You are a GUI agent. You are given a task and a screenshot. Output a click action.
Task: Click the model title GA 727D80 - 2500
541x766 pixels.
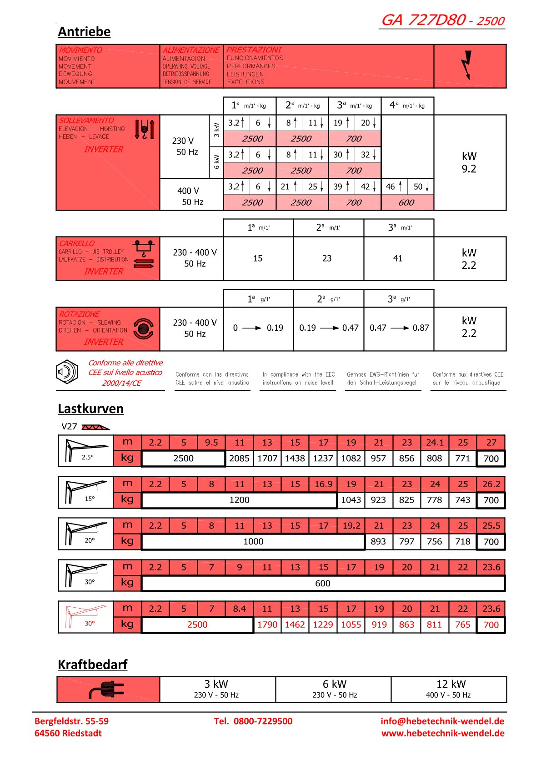point(442,20)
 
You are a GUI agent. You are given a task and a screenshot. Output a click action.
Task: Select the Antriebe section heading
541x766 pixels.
point(84,32)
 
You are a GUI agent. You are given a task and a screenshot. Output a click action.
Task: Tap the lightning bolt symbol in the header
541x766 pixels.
point(467,65)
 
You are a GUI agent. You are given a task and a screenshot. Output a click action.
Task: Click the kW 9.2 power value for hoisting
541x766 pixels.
point(469,162)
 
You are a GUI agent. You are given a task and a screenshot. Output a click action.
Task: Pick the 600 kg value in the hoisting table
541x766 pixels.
point(406,202)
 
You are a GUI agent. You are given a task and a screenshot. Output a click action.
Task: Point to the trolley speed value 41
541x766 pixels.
point(398,258)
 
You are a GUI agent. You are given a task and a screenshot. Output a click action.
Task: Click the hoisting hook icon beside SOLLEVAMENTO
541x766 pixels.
point(145,129)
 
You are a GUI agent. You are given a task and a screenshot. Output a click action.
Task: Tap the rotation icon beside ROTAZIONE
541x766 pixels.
point(143,328)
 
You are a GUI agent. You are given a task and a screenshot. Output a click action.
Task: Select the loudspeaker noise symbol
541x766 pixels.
point(67,373)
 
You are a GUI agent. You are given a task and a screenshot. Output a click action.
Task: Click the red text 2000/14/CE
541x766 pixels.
point(121,383)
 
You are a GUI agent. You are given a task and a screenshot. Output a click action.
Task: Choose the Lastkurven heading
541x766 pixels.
point(90,408)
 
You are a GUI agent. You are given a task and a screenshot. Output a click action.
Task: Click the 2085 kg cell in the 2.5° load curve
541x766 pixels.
point(239,459)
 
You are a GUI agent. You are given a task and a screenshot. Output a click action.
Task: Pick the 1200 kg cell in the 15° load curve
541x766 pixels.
point(239,500)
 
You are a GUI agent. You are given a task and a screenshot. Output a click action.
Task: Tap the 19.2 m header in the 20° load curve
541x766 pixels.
point(351,526)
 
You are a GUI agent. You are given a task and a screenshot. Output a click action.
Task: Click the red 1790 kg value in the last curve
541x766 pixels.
point(267,625)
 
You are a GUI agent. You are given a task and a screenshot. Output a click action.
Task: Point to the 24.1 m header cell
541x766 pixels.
point(435,443)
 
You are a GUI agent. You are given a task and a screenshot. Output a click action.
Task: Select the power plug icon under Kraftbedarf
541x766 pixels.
point(107,690)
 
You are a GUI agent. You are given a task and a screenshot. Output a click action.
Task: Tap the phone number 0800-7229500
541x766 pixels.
point(263,721)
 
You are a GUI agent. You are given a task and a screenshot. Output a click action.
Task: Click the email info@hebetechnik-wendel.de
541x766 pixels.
point(442,721)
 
